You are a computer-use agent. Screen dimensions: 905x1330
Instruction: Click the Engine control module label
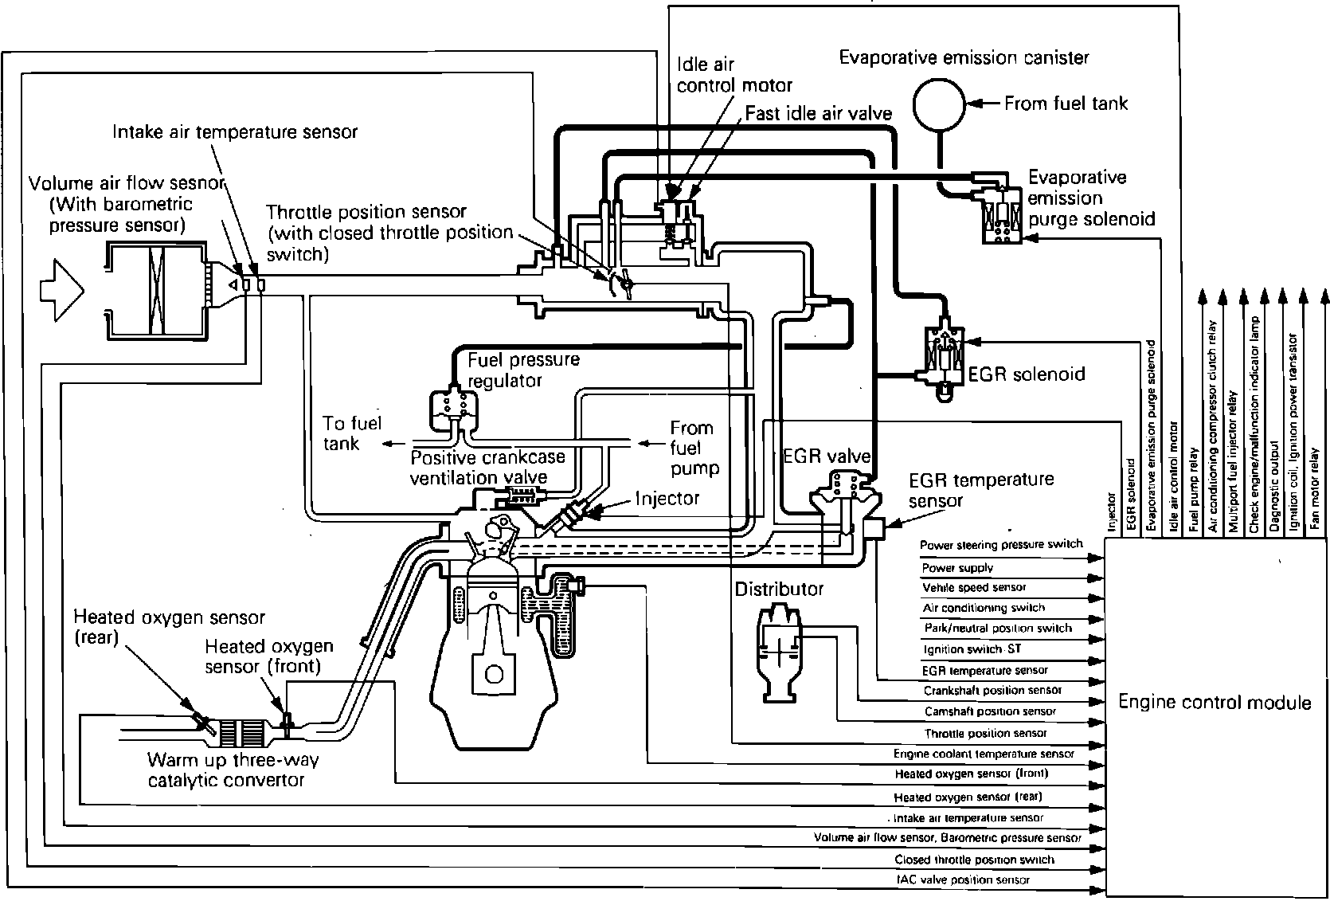coord(1214,702)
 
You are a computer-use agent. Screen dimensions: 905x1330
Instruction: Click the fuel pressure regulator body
coord(452,406)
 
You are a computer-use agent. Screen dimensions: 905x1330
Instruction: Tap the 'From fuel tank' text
coord(1066,104)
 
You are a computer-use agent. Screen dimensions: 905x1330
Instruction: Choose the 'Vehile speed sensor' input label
coord(973,587)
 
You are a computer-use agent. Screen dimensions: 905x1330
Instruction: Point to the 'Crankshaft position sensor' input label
coord(992,690)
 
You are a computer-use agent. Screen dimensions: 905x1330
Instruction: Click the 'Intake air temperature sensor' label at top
coord(235,131)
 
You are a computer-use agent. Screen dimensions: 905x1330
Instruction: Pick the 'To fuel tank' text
coord(352,433)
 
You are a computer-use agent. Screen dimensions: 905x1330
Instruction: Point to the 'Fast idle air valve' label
coord(818,113)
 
